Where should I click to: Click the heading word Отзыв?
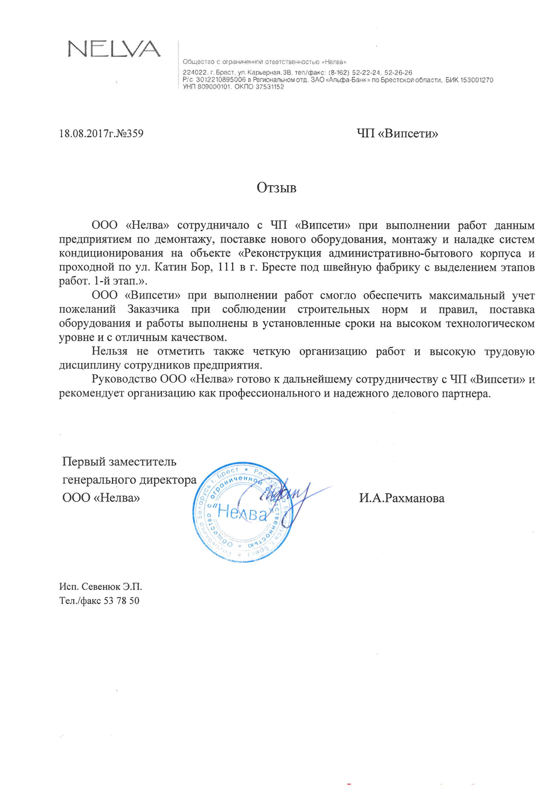click(x=277, y=188)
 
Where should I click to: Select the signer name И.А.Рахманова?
click(x=402, y=498)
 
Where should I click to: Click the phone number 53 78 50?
click(x=122, y=601)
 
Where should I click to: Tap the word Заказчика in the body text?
click(x=153, y=309)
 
